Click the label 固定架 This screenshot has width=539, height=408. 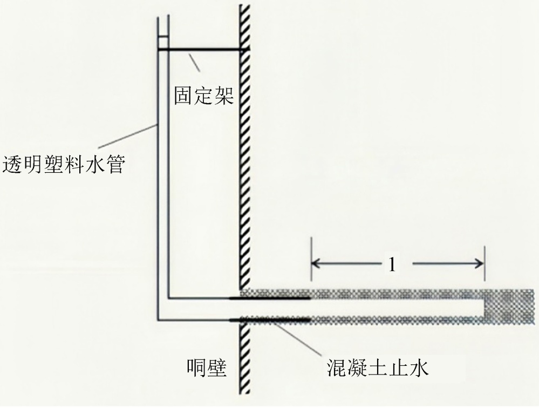click(203, 97)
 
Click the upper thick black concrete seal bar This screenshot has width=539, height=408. click(270, 297)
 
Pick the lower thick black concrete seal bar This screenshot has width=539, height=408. click(270, 321)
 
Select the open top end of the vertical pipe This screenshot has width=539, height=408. click(163, 17)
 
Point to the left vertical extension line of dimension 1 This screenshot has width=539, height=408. click(311, 262)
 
